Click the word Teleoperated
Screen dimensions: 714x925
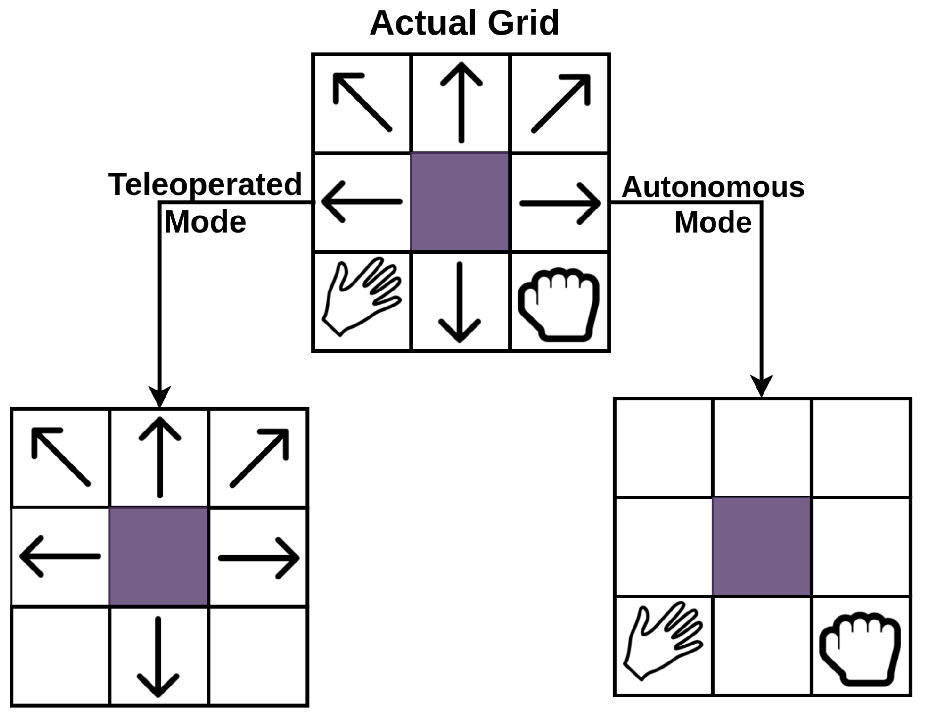(x=205, y=185)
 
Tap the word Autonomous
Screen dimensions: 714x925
(x=713, y=187)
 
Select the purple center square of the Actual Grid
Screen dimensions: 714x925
(x=460, y=202)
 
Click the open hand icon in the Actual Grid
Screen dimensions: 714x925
(x=361, y=297)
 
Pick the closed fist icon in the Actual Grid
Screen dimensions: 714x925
(x=559, y=303)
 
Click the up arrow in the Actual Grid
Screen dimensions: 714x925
(x=461, y=102)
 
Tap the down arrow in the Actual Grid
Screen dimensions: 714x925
(x=460, y=302)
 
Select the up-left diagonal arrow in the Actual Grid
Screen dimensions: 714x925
(x=362, y=102)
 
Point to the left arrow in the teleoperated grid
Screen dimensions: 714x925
(x=60, y=557)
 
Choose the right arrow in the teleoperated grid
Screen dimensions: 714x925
(x=259, y=558)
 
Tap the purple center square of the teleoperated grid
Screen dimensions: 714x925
(x=158, y=556)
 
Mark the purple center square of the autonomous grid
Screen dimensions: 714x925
(x=761, y=546)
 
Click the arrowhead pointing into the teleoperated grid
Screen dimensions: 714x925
(x=159, y=396)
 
